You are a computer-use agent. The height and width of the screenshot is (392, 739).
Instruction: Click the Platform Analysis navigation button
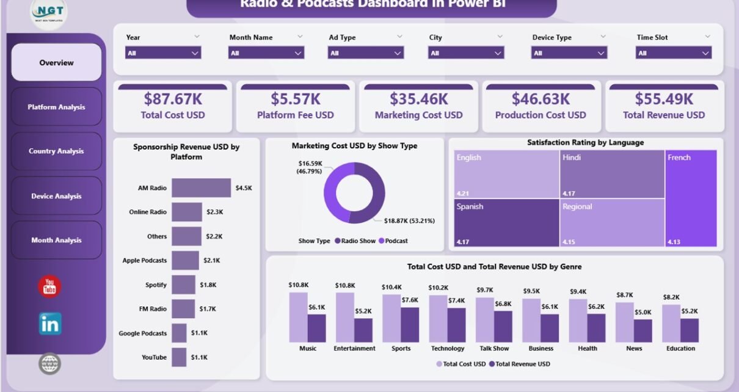[x=56, y=107]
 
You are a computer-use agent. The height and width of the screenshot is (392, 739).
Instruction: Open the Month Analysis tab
[x=56, y=241]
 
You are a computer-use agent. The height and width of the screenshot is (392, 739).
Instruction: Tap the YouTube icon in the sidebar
[x=49, y=286]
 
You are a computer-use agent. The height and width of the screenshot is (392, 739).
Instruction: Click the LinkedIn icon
[x=49, y=324]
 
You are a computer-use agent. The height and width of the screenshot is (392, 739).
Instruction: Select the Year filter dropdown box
[x=163, y=53]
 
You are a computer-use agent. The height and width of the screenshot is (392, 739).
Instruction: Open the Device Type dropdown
[x=569, y=53]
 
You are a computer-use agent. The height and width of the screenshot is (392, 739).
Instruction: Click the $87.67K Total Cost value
[x=172, y=99]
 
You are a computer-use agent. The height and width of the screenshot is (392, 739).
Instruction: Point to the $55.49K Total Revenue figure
[x=664, y=99]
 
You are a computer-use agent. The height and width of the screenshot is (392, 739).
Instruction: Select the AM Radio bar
[x=201, y=188]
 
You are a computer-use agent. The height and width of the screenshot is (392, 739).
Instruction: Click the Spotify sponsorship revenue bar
[x=183, y=285]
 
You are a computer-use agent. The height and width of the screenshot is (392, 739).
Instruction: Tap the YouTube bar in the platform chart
[x=178, y=357]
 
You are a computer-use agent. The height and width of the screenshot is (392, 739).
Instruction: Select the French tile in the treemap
[x=691, y=198]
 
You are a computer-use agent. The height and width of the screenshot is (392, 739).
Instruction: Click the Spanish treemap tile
[x=506, y=223]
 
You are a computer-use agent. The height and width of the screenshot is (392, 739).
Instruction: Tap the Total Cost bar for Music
[x=298, y=317]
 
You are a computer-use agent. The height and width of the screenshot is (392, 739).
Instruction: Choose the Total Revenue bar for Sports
[x=410, y=324]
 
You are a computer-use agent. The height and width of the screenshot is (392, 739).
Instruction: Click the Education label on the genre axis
[x=680, y=349]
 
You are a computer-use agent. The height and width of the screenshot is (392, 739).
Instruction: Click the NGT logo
[x=48, y=13]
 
